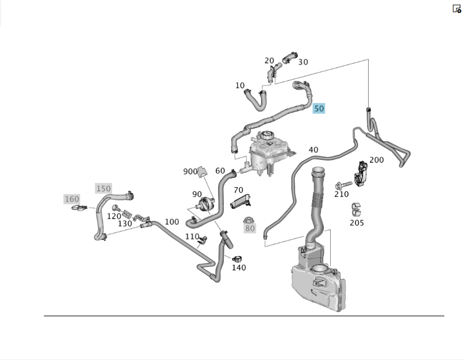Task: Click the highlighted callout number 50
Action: click(319, 109)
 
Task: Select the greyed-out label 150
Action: click(103, 188)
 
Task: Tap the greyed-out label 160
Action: click(72, 199)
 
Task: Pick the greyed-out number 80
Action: click(250, 228)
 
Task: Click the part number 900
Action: click(190, 171)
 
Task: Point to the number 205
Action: click(357, 223)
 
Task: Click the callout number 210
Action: click(341, 194)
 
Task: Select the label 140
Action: click(239, 267)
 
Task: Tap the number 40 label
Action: click(313, 150)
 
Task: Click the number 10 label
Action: click(240, 85)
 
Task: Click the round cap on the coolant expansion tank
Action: click(266, 137)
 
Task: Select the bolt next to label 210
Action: click(342, 185)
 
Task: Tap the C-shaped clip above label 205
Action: click(357, 209)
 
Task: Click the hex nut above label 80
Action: click(248, 220)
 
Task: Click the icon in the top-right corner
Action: click(457, 8)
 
